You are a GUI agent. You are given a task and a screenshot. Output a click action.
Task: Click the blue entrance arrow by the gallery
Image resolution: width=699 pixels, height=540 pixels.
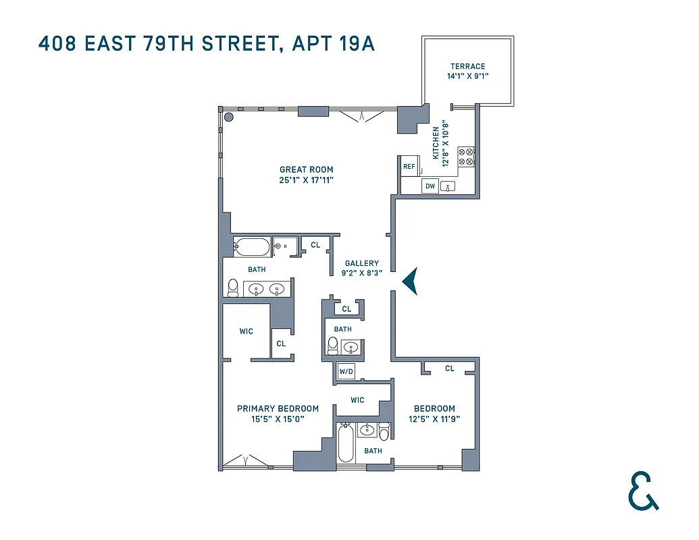click(x=410, y=281)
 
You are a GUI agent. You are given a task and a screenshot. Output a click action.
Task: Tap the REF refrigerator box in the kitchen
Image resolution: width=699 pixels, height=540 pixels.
click(x=409, y=166)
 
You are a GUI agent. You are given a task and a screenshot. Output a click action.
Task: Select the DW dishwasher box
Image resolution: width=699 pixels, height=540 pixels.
click(x=430, y=186)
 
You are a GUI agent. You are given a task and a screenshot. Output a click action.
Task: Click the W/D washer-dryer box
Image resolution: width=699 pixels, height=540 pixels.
click(x=346, y=371)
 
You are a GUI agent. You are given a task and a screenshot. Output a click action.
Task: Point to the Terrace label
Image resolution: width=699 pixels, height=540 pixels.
click(x=467, y=66)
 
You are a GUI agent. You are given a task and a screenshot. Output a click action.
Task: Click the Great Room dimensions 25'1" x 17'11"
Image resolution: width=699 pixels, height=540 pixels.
click(x=307, y=180)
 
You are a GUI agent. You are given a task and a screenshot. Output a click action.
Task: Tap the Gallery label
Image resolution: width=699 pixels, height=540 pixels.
click(x=361, y=263)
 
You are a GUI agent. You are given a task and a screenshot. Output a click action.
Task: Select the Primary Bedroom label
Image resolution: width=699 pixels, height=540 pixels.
click(x=278, y=408)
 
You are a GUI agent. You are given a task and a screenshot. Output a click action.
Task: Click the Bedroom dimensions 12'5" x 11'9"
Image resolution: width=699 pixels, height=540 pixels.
click(x=434, y=418)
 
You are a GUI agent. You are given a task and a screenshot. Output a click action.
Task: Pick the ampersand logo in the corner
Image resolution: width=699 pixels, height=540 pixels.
click(x=642, y=491)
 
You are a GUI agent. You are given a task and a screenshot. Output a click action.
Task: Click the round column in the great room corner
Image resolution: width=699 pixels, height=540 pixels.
click(x=229, y=117)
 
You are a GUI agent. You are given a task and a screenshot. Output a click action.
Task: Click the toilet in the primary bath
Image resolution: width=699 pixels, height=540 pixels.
click(x=233, y=288)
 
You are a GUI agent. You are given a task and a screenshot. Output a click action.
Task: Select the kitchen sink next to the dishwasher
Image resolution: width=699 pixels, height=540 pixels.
click(x=448, y=186)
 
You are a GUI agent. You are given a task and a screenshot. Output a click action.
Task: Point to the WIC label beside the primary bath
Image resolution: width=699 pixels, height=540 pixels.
click(x=246, y=331)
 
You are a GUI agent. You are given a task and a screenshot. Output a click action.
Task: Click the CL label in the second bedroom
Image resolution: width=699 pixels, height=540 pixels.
click(x=450, y=368)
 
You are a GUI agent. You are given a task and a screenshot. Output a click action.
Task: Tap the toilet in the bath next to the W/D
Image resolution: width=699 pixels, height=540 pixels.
click(x=332, y=346)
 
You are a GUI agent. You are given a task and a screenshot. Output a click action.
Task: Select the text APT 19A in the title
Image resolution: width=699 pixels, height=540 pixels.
click(x=334, y=44)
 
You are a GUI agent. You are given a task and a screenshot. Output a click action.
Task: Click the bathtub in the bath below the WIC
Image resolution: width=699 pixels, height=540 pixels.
click(x=346, y=443)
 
